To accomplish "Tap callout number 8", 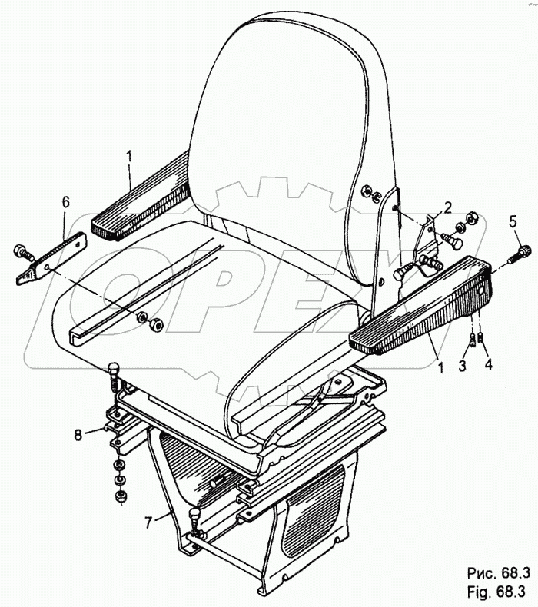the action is pos(77,435).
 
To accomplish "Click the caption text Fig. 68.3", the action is pos(495,592).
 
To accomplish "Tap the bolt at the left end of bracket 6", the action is pos(20,250).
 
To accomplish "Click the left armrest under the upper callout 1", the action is pos(146,200).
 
